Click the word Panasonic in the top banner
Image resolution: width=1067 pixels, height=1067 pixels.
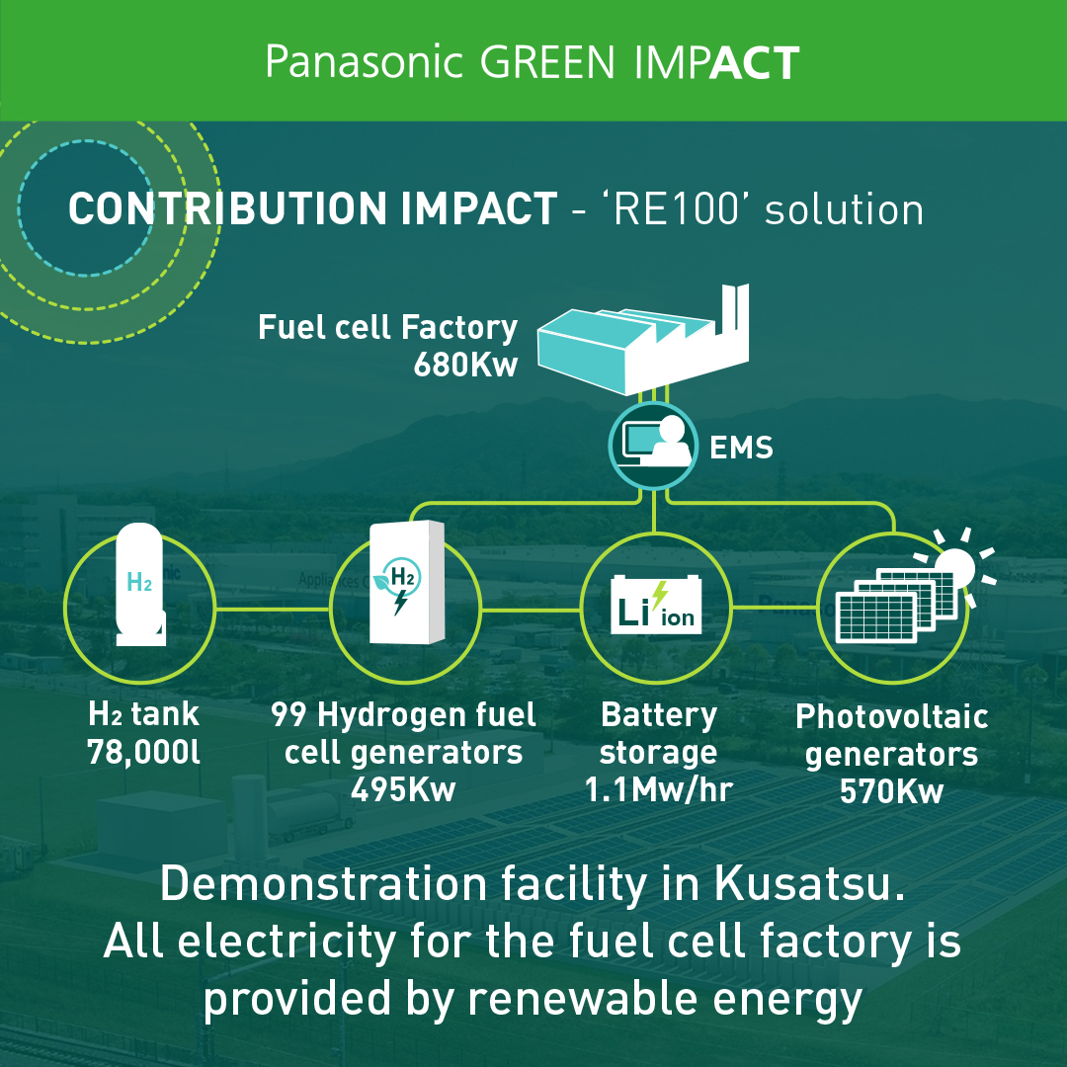tap(364, 62)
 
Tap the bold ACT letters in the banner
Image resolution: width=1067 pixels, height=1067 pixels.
tap(755, 62)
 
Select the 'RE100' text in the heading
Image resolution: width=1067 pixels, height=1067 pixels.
tap(676, 208)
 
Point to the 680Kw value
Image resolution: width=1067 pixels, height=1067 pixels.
tap(465, 365)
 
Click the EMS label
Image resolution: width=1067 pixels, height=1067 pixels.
tap(741, 448)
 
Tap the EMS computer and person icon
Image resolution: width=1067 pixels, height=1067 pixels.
tap(653, 445)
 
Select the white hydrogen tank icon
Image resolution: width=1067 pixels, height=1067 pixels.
tap(140, 584)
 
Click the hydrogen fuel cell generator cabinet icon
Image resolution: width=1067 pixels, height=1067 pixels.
tap(407, 583)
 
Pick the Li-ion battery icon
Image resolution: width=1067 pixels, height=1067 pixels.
tap(656, 605)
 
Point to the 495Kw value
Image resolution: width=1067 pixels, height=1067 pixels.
tap(403, 790)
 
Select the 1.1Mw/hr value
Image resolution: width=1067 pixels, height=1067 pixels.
tap(658, 790)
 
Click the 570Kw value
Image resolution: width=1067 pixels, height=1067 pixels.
tap(891, 791)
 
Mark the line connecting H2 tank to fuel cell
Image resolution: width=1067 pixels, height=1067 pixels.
tap(273, 609)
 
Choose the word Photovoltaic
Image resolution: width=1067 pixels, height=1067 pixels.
tap(892, 716)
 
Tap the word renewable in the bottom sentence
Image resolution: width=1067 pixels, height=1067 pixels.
tap(583, 999)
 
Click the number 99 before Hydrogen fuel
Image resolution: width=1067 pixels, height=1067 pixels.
tap(288, 714)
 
